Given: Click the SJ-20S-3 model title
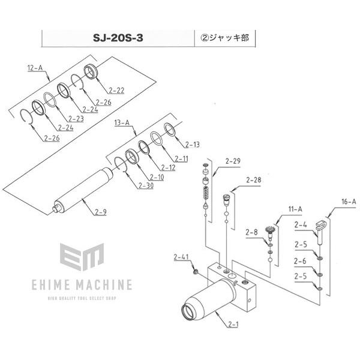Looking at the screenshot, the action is point(118,38).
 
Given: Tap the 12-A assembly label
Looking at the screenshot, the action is point(35,68).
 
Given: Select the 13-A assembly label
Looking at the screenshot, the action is point(122,123).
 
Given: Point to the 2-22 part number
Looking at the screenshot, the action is point(116,91).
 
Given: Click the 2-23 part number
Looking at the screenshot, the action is point(76,119).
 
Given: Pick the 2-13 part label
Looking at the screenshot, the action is point(193,145).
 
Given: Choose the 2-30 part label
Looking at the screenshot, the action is point(146,185).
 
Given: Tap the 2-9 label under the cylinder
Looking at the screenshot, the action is point(101,212).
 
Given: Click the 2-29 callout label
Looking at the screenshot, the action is point(233,161).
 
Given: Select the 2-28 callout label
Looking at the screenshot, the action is point(254,180).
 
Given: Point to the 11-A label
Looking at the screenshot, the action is point(295,209).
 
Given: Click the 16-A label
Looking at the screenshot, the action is point(349,202).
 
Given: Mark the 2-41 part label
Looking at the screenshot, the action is point(181,257).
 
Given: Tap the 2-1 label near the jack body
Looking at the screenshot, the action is point(233,324).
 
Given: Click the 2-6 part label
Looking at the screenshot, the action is point(300,261).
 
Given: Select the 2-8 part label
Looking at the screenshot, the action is point(251,232).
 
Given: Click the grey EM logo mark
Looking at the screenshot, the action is point(82,257).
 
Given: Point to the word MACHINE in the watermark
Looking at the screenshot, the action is point(104,285).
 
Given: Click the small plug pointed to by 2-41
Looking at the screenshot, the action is point(196,272).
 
